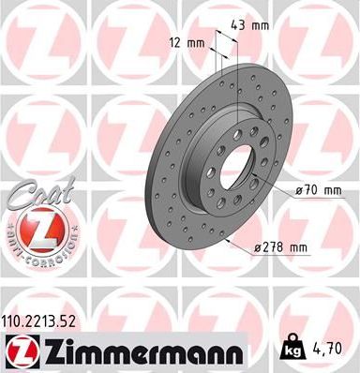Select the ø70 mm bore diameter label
316,191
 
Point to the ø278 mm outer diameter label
281,247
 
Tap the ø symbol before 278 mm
259,247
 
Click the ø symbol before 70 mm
299,191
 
